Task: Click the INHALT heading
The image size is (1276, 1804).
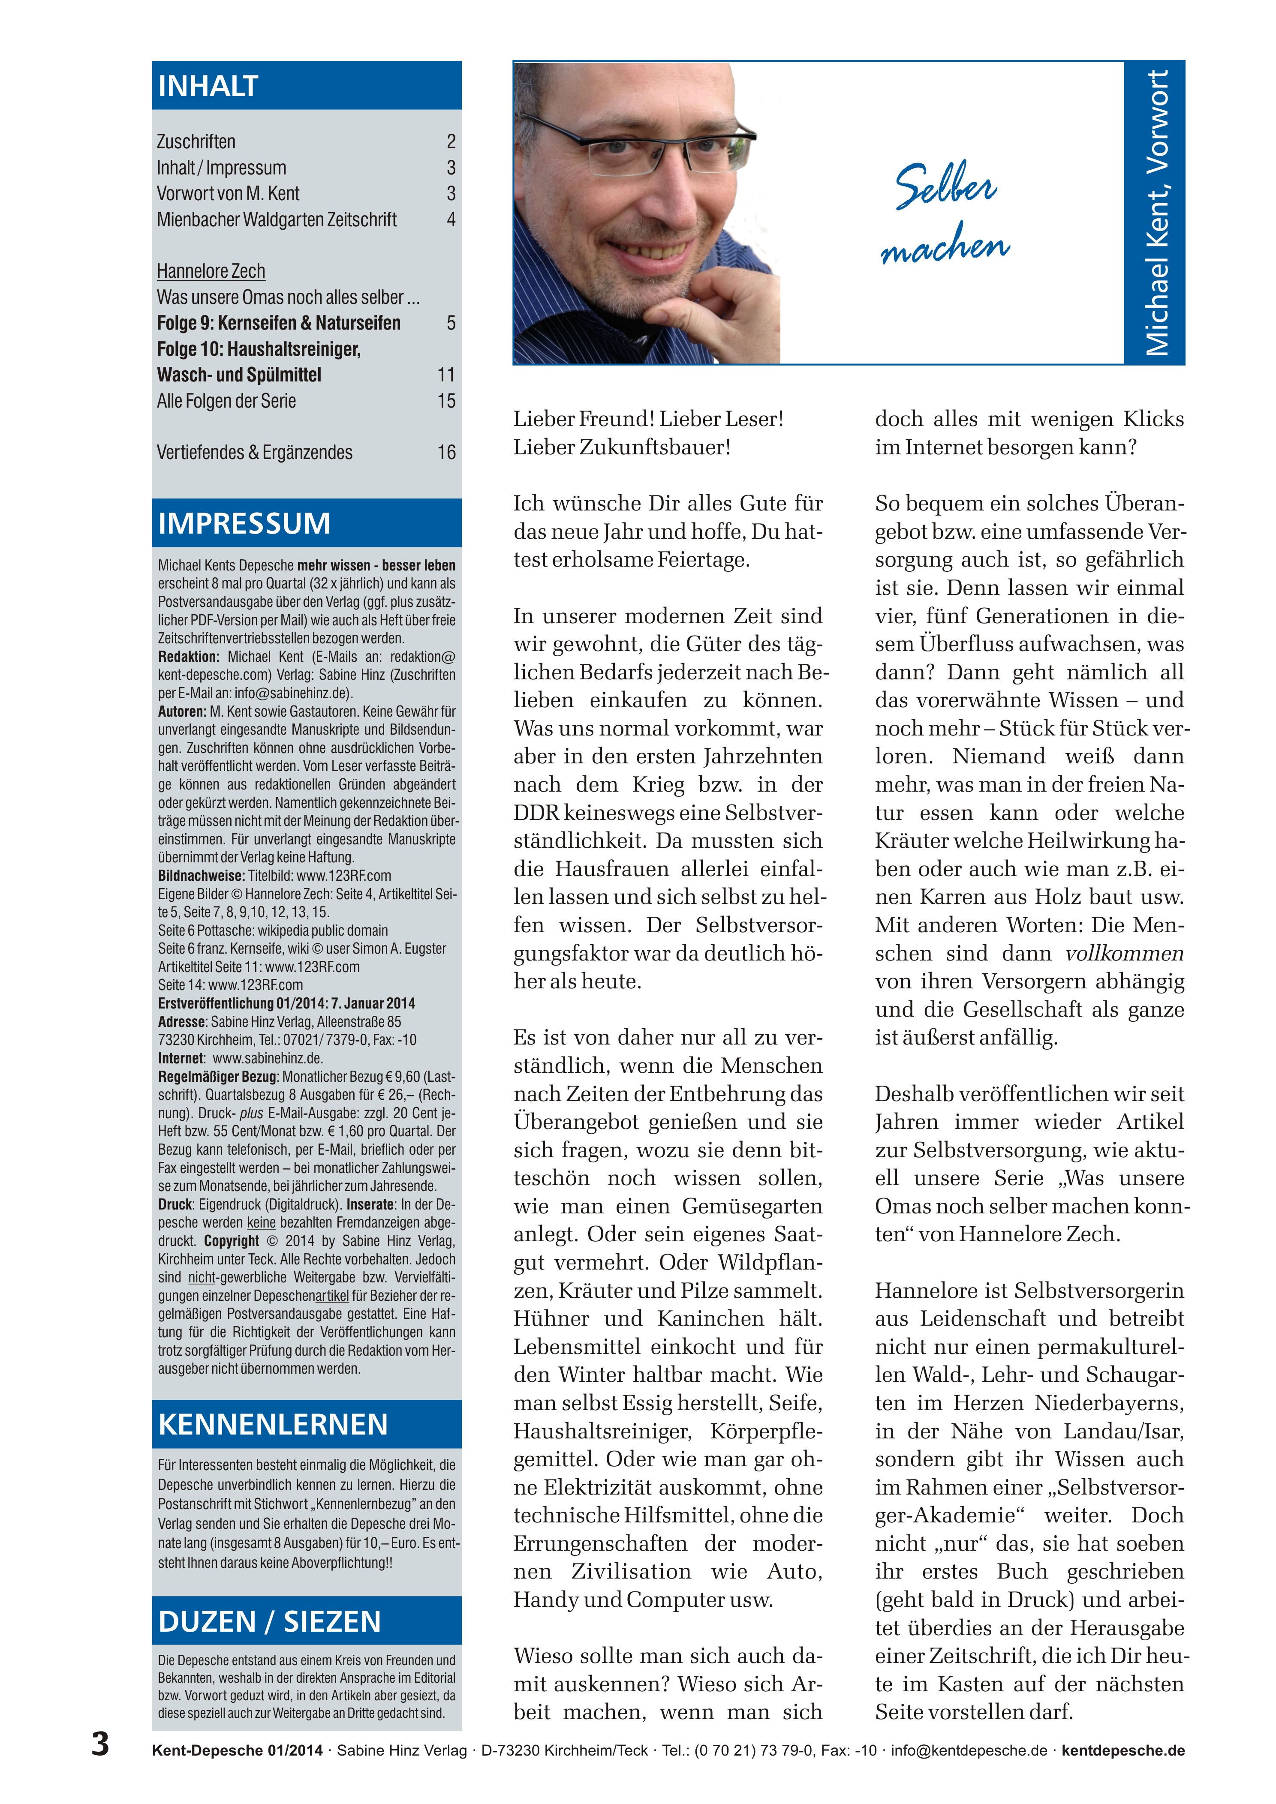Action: [208, 86]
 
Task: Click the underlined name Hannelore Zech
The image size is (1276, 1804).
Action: [211, 271]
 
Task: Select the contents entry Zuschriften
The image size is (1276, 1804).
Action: [196, 141]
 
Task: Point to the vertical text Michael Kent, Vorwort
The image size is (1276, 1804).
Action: [1156, 212]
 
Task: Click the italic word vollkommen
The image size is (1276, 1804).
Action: [1124, 954]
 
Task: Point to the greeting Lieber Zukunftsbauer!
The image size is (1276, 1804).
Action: [622, 447]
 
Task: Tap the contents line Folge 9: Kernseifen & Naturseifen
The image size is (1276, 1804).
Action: [278, 323]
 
